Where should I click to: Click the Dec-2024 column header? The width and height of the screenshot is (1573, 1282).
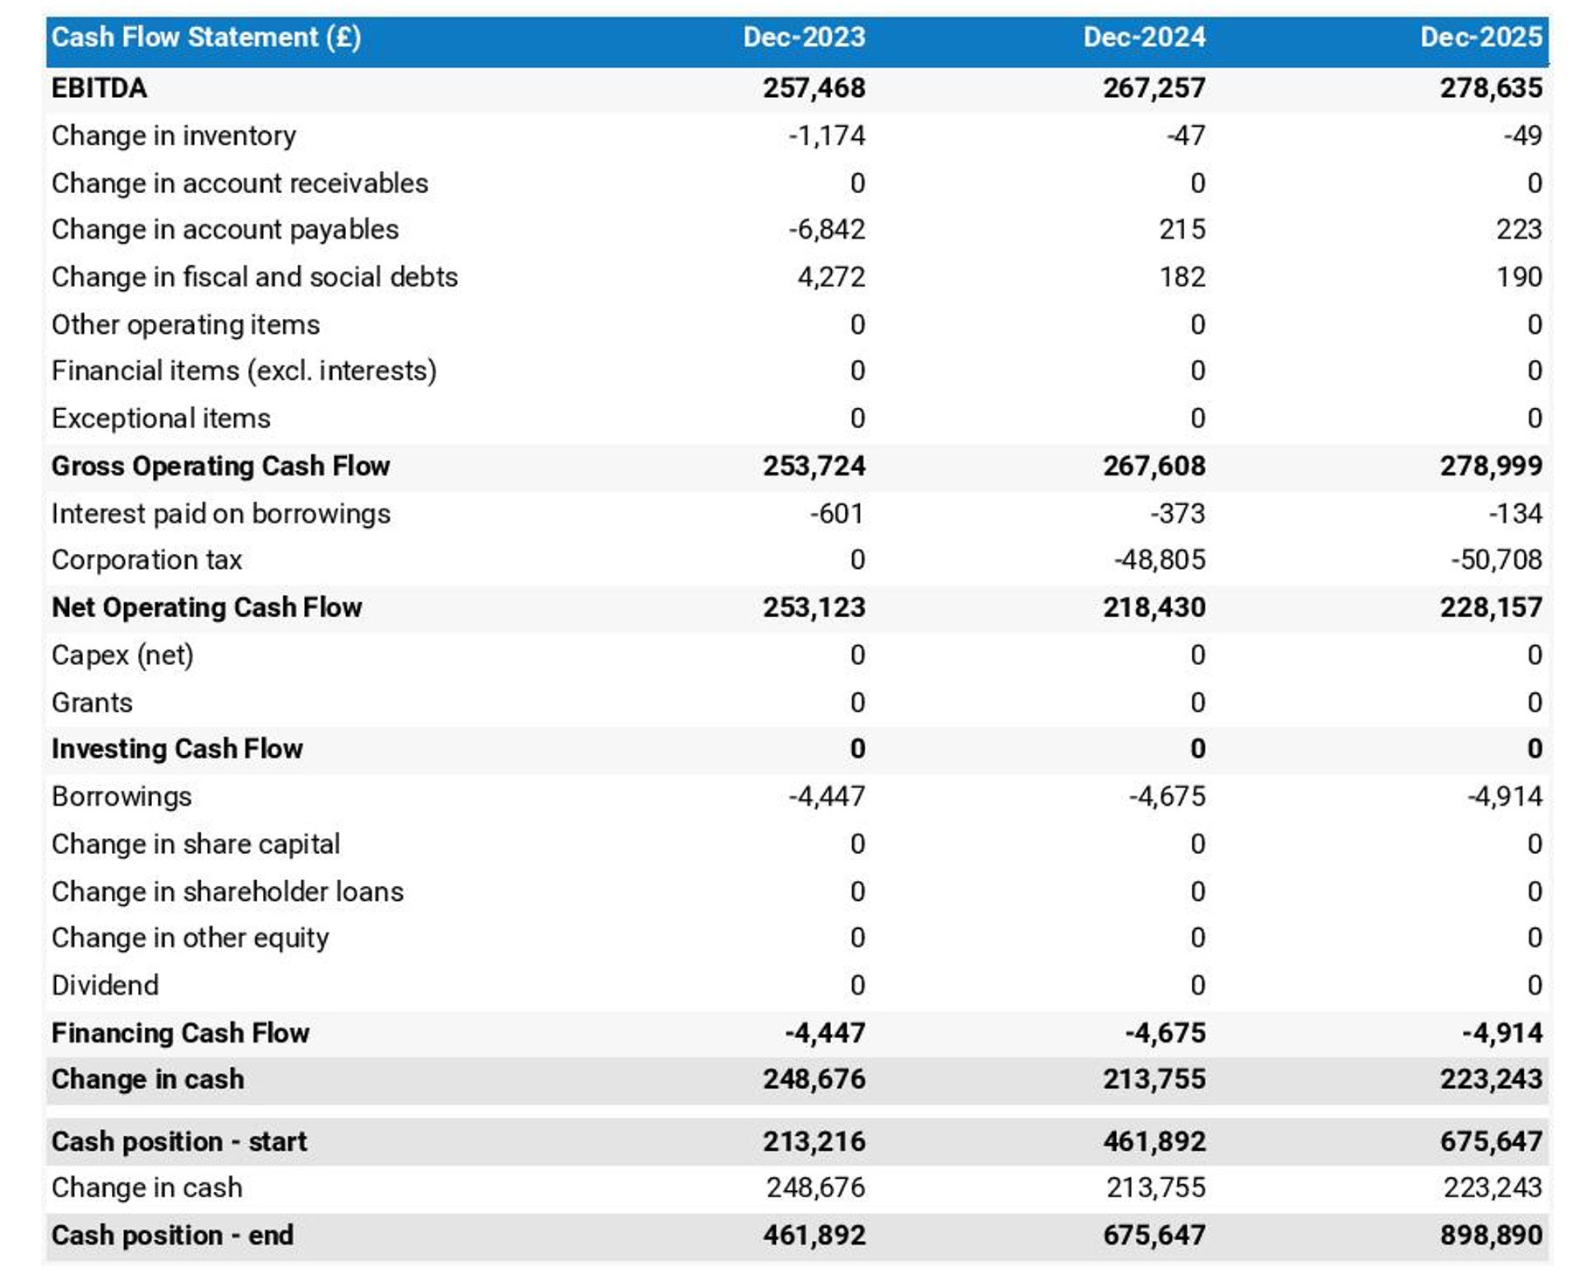[x=1144, y=37]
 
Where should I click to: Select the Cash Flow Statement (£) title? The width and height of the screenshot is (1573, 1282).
[x=206, y=37]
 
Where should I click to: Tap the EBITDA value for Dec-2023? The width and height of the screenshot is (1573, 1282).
[x=814, y=87]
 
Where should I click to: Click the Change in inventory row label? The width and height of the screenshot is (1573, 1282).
[x=174, y=135]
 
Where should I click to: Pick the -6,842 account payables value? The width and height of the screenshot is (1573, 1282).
[x=826, y=229]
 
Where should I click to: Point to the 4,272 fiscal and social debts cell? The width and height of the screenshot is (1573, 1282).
[x=831, y=276]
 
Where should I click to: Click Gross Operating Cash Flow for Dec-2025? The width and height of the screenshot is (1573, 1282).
[x=1491, y=466]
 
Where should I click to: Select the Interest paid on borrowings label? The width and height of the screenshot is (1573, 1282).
[x=221, y=513]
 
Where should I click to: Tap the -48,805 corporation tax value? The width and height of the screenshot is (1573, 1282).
[x=1160, y=559]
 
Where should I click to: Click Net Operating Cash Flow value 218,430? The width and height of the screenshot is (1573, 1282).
[x=1154, y=606]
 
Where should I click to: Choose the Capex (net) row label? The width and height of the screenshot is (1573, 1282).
[x=122, y=655]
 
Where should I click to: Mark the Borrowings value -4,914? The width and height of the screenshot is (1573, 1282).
[x=1504, y=796]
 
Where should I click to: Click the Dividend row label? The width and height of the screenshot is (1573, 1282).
[x=105, y=985]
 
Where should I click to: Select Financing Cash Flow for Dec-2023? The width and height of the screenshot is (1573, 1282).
[x=825, y=1033]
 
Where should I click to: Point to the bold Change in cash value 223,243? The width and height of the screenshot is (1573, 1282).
[x=1491, y=1079]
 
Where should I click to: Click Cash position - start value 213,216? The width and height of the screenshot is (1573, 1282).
[x=814, y=1141]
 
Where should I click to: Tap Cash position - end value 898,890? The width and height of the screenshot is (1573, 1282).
[x=1491, y=1235]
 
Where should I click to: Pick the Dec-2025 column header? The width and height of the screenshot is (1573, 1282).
[x=1480, y=37]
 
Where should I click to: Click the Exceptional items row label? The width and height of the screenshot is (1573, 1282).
[x=161, y=418]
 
